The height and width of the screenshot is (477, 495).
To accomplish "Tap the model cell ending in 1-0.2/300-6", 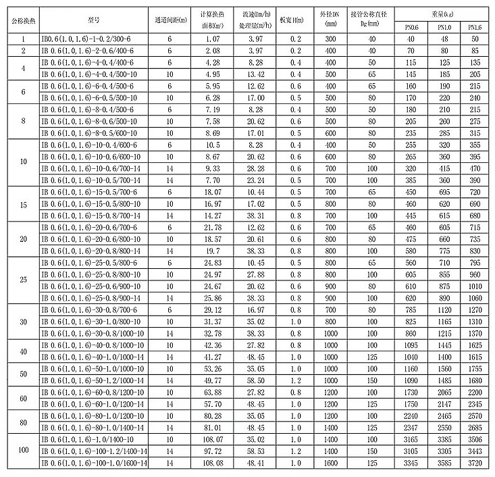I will coord(93,40).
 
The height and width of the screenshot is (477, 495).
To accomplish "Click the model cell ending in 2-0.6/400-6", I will coord(93,51).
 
